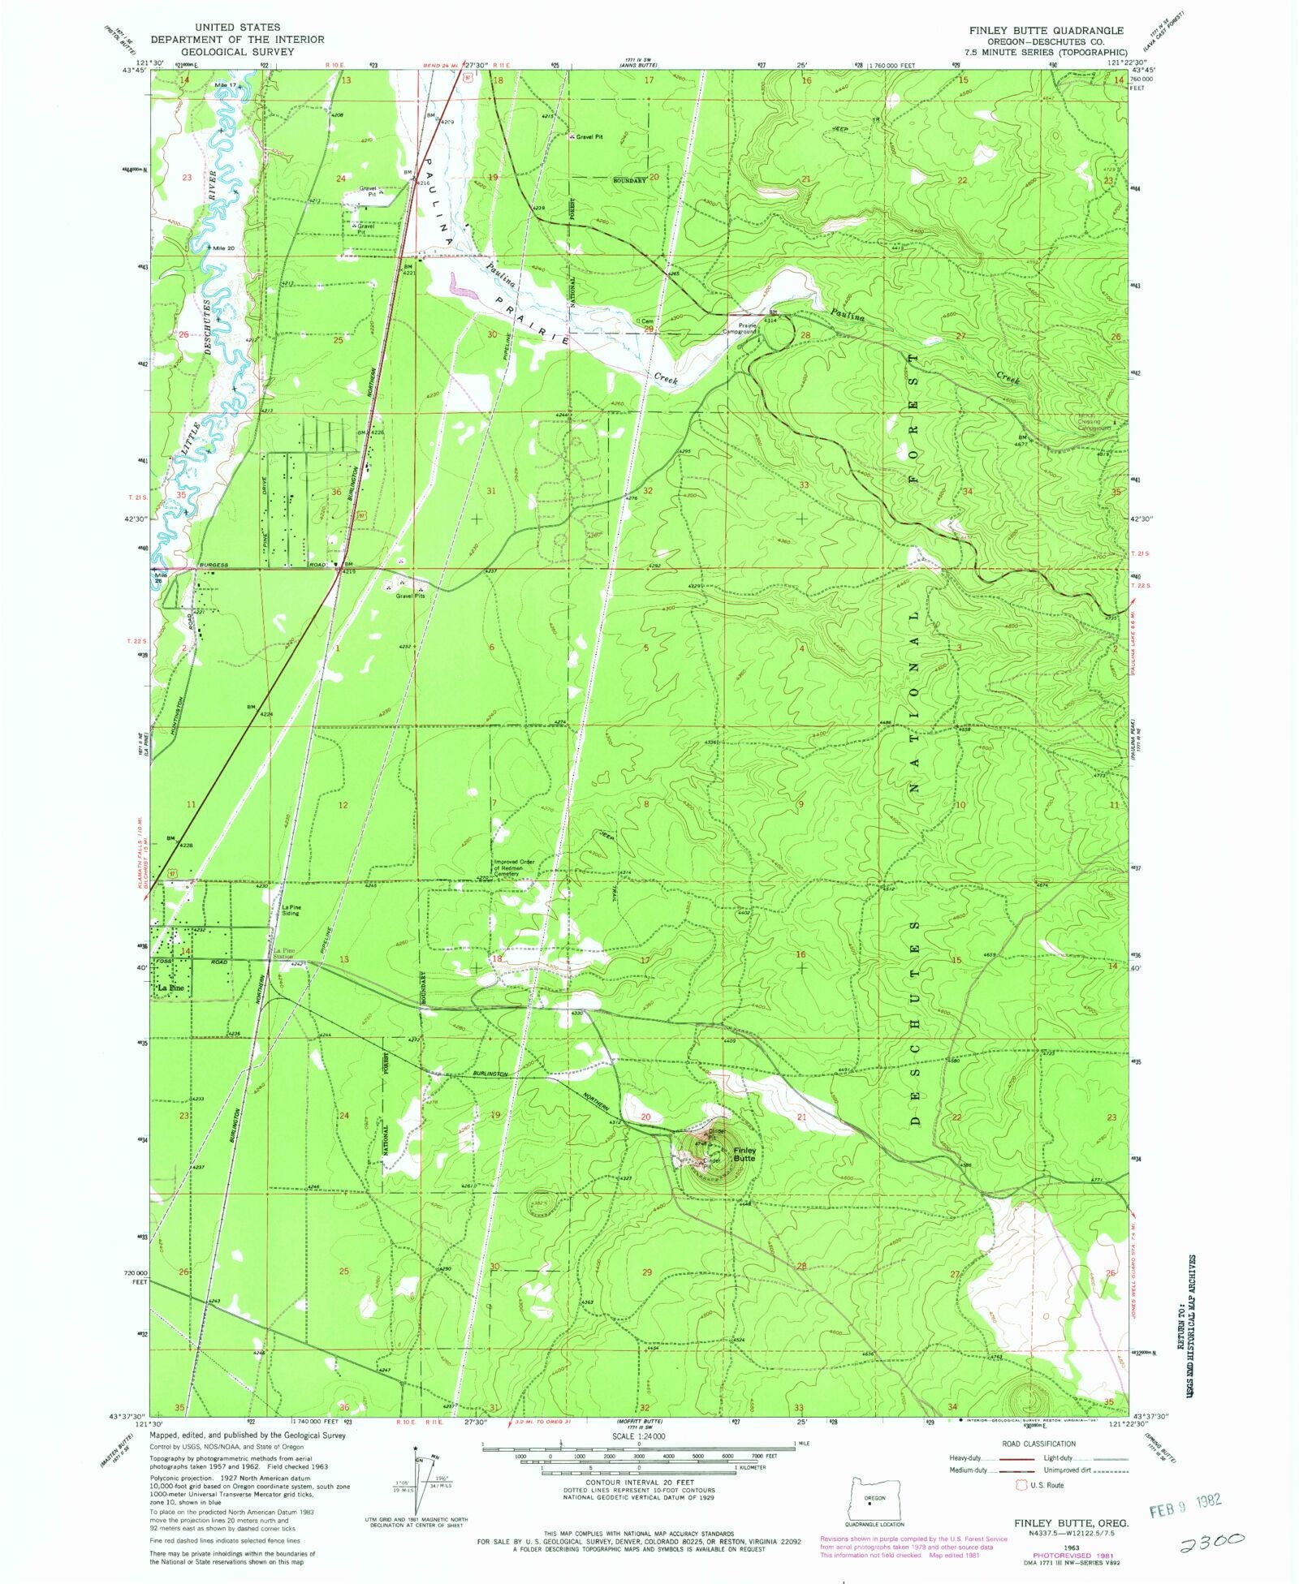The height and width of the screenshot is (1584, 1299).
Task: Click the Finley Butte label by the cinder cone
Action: pyautogui.click(x=744, y=1154)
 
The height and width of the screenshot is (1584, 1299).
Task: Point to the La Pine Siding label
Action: pyautogui.click(x=290, y=910)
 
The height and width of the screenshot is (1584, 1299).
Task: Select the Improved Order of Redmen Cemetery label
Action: pyautogui.click(x=515, y=867)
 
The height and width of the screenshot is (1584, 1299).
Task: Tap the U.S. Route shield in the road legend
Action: pyautogui.click(x=1021, y=1484)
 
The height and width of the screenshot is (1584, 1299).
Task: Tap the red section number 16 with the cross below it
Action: pyautogui.click(x=801, y=954)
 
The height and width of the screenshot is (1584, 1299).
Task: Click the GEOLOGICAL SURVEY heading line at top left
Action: pyautogui.click(x=236, y=50)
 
